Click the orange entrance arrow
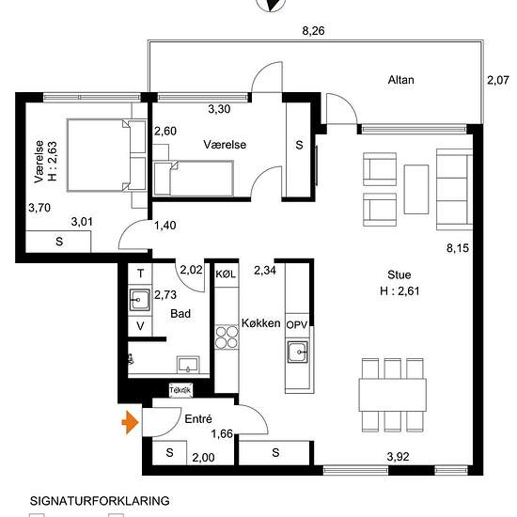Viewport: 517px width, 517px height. pyautogui.click(x=130, y=422)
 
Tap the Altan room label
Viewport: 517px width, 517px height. pyautogui.click(x=400, y=80)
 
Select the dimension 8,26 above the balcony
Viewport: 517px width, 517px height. pyautogui.click(x=313, y=31)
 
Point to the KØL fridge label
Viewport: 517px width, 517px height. pyautogui.click(x=226, y=274)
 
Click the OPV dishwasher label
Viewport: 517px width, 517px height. pyautogui.click(x=297, y=325)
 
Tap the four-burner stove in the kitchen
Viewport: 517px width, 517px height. pyautogui.click(x=227, y=337)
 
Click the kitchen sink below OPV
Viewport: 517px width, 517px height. pyautogui.click(x=298, y=352)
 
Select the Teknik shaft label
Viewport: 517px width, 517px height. pyautogui.click(x=180, y=390)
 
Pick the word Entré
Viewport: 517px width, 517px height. pyautogui.click(x=198, y=418)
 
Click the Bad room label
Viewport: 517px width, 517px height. pyautogui.click(x=180, y=313)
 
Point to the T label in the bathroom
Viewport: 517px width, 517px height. pyautogui.click(x=140, y=274)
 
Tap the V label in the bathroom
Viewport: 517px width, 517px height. pyautogui.click(x=140, y=326)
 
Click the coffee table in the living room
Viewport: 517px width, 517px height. pyautogui.click(x=416, y=189)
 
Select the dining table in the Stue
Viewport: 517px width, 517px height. pyautogui.click(x=392, y=395)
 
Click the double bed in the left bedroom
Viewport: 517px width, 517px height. pyautogui.click(x=106, y=155)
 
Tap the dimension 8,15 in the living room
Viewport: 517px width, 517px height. pyautogui.click(x=458, y=247)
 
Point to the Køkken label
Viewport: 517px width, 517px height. pyautogui.click(x=260, y=323)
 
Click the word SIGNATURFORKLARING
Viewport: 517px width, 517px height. pyautogui.click(x=100, y=501)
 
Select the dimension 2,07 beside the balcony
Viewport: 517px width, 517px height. pyautogui.click(x=498, y=80)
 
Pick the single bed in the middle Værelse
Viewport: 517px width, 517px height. pyautogui.click(x=194, y=178)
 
